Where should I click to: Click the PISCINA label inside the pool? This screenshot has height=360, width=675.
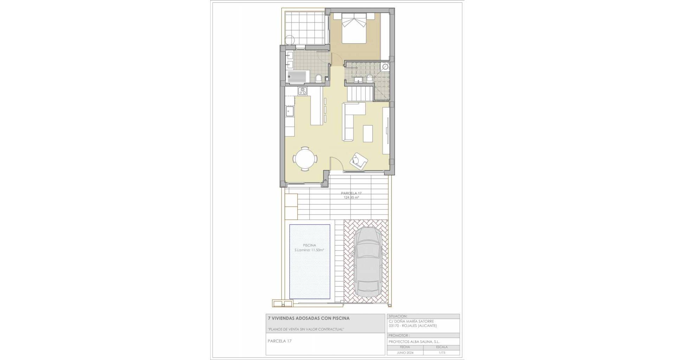pos(309,245)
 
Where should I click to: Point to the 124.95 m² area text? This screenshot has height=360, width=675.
pos(351,198)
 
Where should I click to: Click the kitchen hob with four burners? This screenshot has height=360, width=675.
pos(57,91)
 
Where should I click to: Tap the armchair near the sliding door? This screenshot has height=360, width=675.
pos(359,161)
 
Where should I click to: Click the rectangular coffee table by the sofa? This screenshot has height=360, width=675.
pos(368,134)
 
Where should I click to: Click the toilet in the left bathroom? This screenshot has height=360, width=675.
pos(72,78)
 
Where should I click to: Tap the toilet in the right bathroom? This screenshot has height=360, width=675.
pos(369,78)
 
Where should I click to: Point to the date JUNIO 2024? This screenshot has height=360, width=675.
pos(405,353)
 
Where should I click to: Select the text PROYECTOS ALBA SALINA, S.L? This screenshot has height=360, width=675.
pos(414,342)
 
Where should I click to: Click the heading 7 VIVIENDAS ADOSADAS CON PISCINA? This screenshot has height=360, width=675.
pos(309,318)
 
